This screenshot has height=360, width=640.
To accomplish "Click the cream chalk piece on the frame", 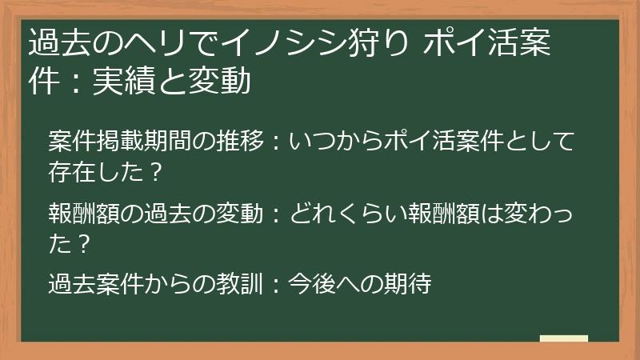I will (x=563, y=338).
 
